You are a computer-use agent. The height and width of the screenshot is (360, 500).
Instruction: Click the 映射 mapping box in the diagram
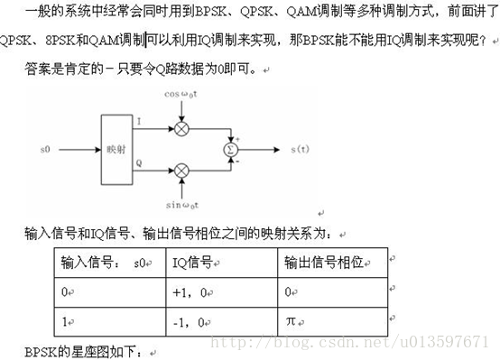tap(116, 148)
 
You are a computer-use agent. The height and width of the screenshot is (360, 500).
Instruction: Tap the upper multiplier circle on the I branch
tap(181, 128)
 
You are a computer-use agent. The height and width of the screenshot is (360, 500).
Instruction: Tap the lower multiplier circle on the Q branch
tap(181, 169)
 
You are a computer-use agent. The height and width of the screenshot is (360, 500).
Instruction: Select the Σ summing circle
tap(231, 148)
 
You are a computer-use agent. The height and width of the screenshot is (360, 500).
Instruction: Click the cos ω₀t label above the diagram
tap(181, 94)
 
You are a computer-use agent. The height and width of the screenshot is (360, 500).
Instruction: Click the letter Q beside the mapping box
tap(139, 162)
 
